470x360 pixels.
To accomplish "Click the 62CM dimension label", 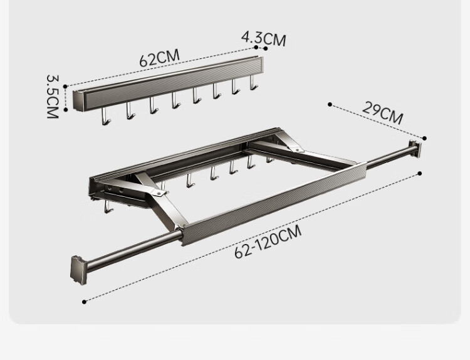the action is coord(159,58).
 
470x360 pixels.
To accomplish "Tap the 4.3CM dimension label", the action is coord(264,39).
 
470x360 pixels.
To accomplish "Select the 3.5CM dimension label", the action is coord(53,97).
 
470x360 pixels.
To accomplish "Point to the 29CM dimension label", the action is coord(382,113).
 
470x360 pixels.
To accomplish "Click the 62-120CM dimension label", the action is coord(268,242).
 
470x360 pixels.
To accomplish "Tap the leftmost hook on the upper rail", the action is coord(105,116).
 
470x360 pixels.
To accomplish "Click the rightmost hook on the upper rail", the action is coord(253,83).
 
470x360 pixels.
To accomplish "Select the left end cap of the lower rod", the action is coord(76,269).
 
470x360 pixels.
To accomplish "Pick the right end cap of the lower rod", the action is coord(415,149).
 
